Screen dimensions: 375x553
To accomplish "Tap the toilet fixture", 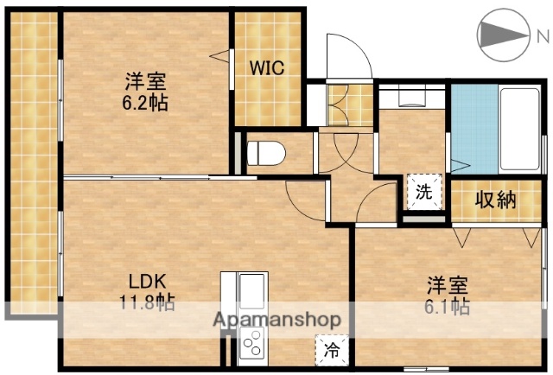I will pyautogui.click(x=265, y=154).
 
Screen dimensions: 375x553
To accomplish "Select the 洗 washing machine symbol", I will pyautogui.click(x=423, y=192).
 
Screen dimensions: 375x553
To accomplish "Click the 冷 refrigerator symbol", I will pyautogui.click(x=332, y=350).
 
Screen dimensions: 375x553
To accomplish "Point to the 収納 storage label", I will pyautogui.click(x=496, y=200).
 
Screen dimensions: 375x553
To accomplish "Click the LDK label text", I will pyautogui.click(x=147, y=282).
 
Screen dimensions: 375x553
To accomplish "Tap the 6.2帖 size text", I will pyautogui.click(x=144, y=102).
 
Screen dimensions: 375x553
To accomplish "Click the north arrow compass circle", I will pyautogui.click(x=503, y=35).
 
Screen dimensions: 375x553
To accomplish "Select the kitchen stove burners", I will pyautogui.click(x=255, y=346).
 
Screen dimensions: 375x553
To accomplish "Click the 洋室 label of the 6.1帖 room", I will pyautogui.click(x=447, y=284).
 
